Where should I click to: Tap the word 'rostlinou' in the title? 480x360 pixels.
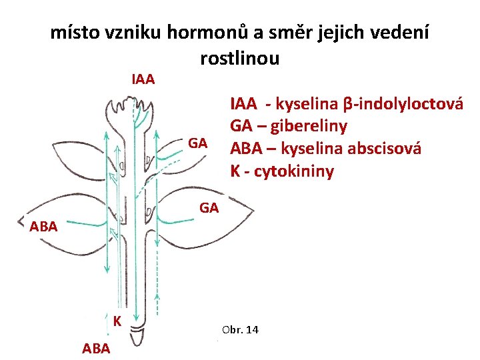point(239,58)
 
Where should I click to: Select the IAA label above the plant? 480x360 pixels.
point(143,80)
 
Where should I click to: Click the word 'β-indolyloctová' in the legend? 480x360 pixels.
point(403,105)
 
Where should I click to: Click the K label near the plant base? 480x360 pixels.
point(117,321)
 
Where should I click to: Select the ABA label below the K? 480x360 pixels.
point(97,347)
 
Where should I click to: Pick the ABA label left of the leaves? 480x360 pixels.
point(44,226)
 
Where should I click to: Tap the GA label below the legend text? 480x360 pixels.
point(209,209)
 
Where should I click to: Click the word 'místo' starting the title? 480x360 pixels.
point(73,33)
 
